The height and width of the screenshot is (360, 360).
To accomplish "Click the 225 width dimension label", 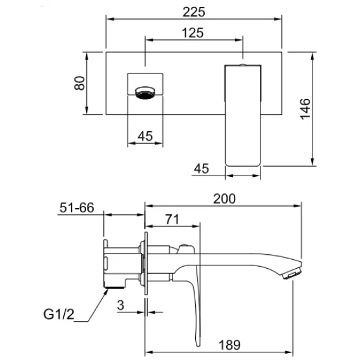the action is [193, 12].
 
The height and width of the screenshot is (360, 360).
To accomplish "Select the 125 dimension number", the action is [193, 33].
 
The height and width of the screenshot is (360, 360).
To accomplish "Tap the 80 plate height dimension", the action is [79, 83].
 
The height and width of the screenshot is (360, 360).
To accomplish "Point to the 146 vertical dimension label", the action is [305, 109].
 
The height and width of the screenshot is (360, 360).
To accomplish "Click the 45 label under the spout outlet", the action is [145, 136].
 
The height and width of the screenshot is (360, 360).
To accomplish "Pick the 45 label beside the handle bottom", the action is [202, 169].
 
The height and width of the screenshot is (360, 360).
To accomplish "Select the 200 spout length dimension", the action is [224, 199].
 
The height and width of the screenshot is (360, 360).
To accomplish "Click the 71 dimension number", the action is [172, 219].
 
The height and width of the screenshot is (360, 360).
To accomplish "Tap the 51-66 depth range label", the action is [77, 207].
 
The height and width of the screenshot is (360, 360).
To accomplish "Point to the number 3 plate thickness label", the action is [120, 305].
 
